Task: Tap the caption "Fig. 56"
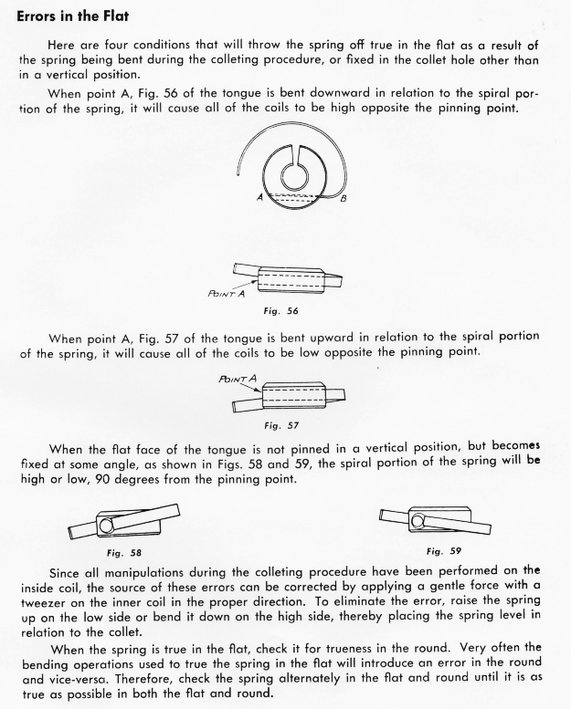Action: pos(284,311)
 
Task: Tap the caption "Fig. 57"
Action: pos(285,424)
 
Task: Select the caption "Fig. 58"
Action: pos(124,552)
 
